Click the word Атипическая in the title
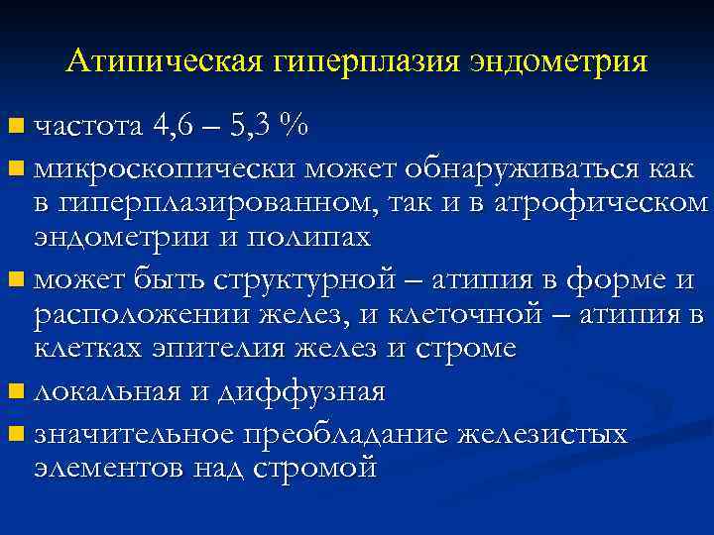pyautogui.click(x=163, y=62)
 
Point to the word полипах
pyautogui.click(x=316, y=237)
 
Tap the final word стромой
pyautogui.click(x=318, y=469)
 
